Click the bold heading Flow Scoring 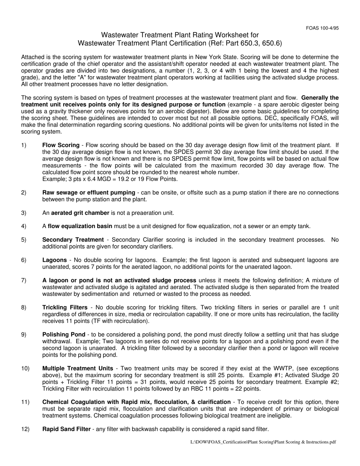coord(61,145)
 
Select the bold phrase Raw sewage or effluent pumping coord(88,192)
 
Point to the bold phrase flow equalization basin coord(80,226)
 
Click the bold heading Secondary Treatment coord(73,240)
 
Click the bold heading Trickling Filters coord(65,307)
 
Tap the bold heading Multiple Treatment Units coord(78,368)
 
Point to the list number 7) coord(24,280)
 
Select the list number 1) coord(24,145)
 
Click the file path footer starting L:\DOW coord(263,442)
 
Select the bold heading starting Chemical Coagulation coord(136,402)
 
